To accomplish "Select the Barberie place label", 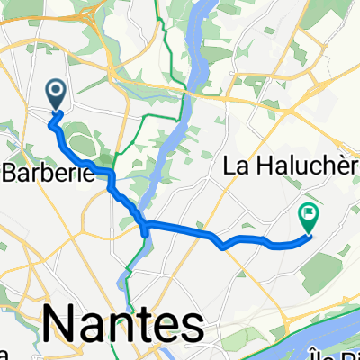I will pos(49,174).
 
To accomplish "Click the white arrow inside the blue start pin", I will pos(56,91).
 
